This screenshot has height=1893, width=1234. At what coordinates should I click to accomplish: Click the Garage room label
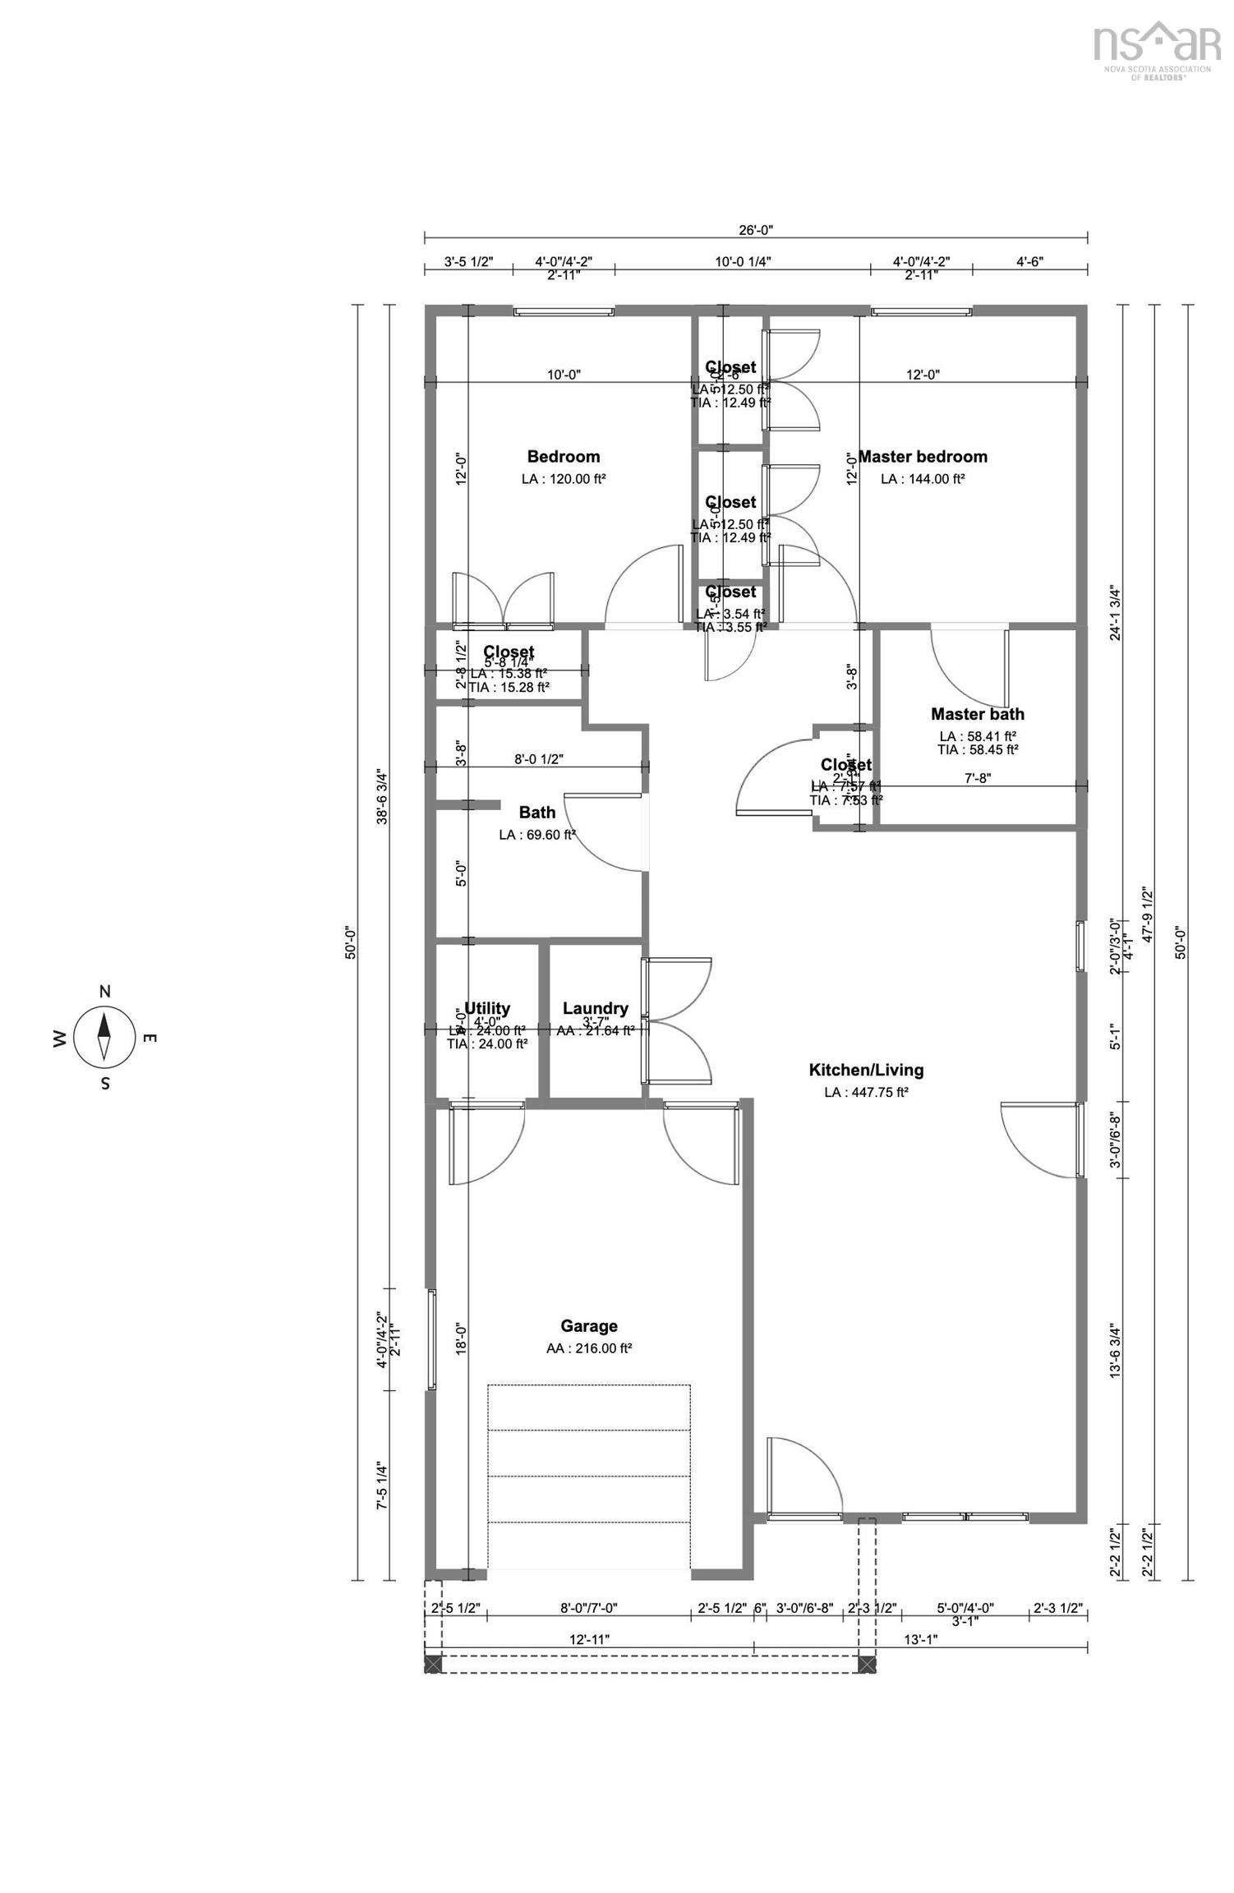pos(588,1325)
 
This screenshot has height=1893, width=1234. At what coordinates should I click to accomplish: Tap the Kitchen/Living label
pos(866,1070)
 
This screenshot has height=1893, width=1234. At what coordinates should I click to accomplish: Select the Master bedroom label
pos(922,457)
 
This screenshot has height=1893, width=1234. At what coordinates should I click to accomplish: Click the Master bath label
pos(977,714)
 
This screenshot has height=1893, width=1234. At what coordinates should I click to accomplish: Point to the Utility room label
pos(487,1008)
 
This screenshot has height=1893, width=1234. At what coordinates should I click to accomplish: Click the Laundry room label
pos(595,1008)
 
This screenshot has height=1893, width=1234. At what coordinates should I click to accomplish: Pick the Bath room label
pos(536,813)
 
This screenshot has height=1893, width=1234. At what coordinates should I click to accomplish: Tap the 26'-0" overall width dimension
pos(755,231)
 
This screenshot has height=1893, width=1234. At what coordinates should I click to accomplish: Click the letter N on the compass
pos(104,992)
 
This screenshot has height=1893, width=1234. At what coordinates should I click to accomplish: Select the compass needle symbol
pos(104,1037)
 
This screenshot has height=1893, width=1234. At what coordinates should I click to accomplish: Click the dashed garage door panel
pos(588,1476)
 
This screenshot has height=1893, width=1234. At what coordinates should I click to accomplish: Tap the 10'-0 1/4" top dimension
pos(743,262)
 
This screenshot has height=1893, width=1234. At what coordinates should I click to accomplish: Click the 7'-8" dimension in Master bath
pos(977,778)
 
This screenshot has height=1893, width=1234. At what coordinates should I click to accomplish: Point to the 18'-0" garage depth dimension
pos(461,1340)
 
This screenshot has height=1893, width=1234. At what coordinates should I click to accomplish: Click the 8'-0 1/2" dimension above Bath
pos(538,759)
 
